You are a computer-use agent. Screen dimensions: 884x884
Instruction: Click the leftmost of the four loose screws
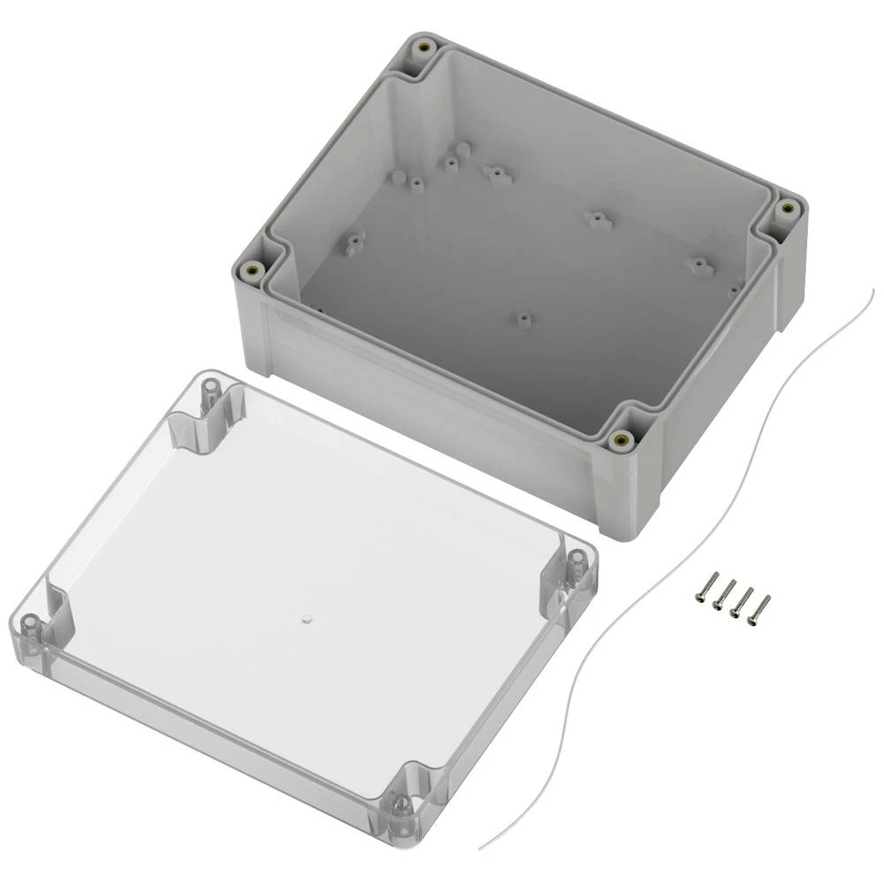click(704, 587)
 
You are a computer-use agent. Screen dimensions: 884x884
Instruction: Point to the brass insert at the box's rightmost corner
click(786, 210)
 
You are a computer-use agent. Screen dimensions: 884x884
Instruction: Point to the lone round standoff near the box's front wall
click(523, 318)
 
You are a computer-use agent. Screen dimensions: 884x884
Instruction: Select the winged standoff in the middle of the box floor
click(598, 218)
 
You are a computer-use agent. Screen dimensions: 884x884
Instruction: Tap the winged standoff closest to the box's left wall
click(355, 240)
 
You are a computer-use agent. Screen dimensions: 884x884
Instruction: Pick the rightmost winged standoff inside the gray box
click(701, 264)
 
